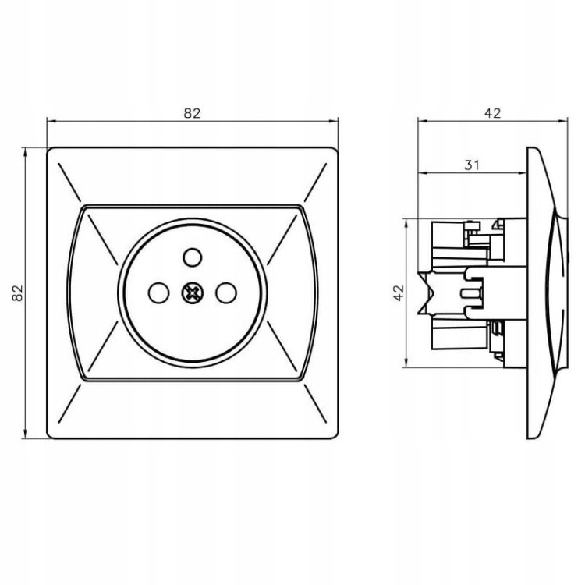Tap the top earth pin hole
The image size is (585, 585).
pyautogui.click(x=193, y=257)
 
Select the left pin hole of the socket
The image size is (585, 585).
pyautogui.click(x=158, y=292)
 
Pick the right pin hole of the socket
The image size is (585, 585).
pyautogui.click(x=226, y=292)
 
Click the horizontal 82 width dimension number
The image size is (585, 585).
pyautogui.click(x=192, y=113)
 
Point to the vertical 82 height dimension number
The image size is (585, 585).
pyautogui.click(x=17, y=292)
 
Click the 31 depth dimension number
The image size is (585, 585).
pyautogui.click(x=472, y=165)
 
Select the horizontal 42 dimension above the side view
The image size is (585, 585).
pyautogui.click(x=492, y=113)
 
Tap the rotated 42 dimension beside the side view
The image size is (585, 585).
pyautogui.click(x=399, y=292)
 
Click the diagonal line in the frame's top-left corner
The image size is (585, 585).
pyautogui.click(x=69, y=183)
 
